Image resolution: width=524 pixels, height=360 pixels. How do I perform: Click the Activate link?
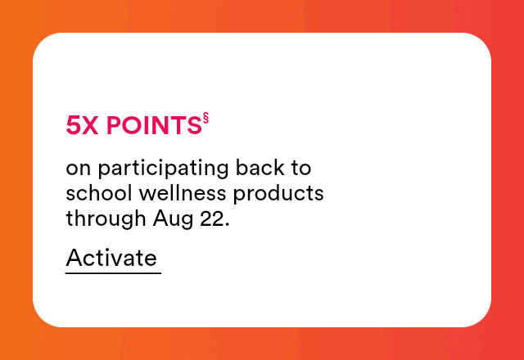pyautogui.click(x=111, y=258)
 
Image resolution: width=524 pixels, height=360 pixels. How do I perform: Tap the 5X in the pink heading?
pyautogui.click(x=82, y=125)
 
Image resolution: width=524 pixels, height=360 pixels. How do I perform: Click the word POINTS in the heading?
pyautogui.click(x=154, y=125)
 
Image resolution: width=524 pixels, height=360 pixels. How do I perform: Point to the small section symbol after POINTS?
pyautogui.click(x=206, y=118)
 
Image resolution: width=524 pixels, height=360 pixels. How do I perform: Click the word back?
pyautogui.click(x=260, y=167)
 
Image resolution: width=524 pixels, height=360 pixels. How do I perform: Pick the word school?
pyautogui.click(x=99, y=193)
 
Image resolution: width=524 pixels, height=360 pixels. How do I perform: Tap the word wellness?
pyautogui.click(x=183, y=193)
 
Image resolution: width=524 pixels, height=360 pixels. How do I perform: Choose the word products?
pyautogui.click(x=278, y=194)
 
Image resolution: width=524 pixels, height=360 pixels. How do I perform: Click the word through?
pyautogui.click(x=106, y=219)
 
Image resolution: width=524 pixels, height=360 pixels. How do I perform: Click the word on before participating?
pyautogui.click(x=79, y=169)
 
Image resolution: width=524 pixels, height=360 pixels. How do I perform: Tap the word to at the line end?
pyautogui.click(x=301, y=168)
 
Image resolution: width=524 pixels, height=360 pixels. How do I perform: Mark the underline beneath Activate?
pyautogui.click(x=113, y=273)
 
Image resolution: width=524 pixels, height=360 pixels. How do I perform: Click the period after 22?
pyautogui.click(x=228, y=225)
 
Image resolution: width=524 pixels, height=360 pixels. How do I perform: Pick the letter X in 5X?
pyautogui.click(x=90, y=125)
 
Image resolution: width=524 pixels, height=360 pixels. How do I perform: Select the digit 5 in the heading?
pyautogui.click(x=73, y=125)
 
